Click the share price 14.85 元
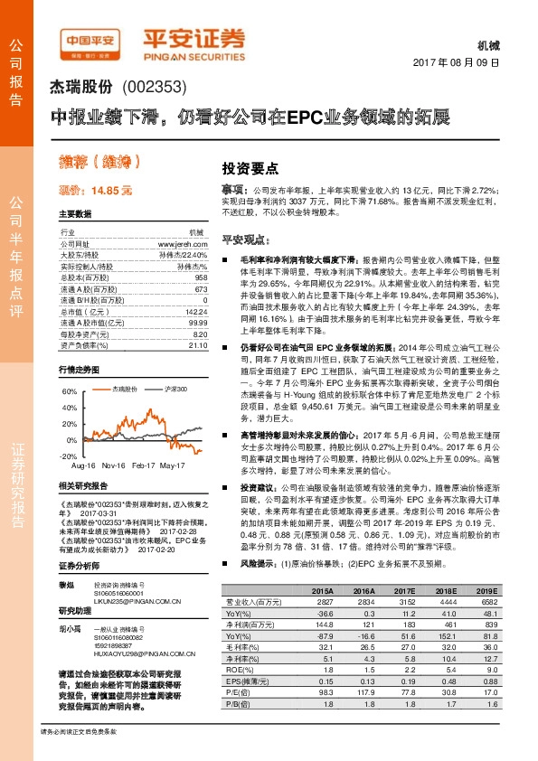pyautogui.click(x=96, y=191)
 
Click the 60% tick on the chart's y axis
pyautogui.click(x=70, y=392)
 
